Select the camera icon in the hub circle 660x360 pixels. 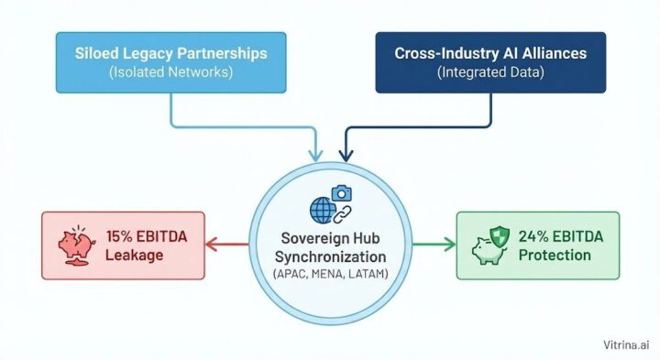pos(342,193)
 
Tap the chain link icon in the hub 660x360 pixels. pos(340,214)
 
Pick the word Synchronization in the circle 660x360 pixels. pos(330,256)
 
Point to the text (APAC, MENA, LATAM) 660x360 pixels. pos(330,274)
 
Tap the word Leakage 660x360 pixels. pos(135,255)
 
